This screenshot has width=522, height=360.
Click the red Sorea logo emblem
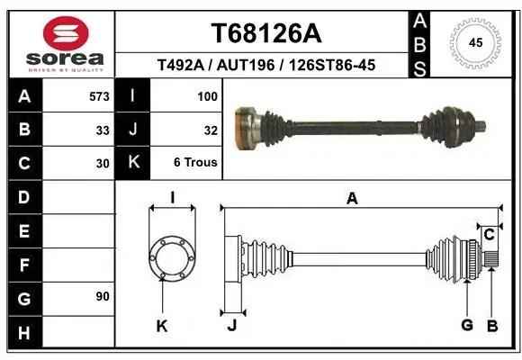point(66,33)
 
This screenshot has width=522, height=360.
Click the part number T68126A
point(266,33)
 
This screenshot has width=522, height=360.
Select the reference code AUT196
point(246,65)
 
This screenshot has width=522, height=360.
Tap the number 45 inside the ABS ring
point(475,42)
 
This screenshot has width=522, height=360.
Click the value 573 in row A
point(99,96)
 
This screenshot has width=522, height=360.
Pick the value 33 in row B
point(103,130)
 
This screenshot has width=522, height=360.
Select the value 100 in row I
point(207,96)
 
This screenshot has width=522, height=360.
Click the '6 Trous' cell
point(195,162)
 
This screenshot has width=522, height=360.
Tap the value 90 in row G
point(103,296)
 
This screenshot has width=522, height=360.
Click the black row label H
point(25,332)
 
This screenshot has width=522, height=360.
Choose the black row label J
point(133,130)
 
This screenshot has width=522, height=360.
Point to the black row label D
point(25,197)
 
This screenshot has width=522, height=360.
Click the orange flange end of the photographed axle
point(245,128)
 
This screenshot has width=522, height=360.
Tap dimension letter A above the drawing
point(352,199)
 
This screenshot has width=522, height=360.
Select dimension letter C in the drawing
point(489,235)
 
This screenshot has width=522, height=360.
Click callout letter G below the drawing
point(467,325)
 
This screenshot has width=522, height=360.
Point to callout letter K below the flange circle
point(162,326)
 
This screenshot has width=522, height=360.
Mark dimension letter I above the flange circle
point(173,197)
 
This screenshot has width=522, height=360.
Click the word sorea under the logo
point(65,58)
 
